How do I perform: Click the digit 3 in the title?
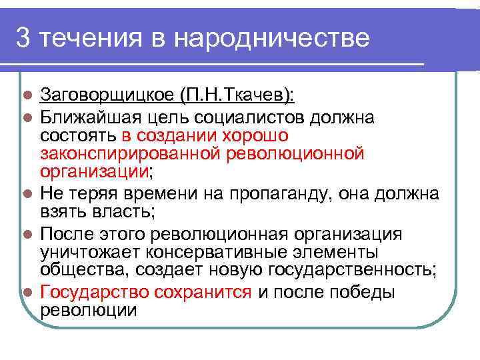pos(23,39)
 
